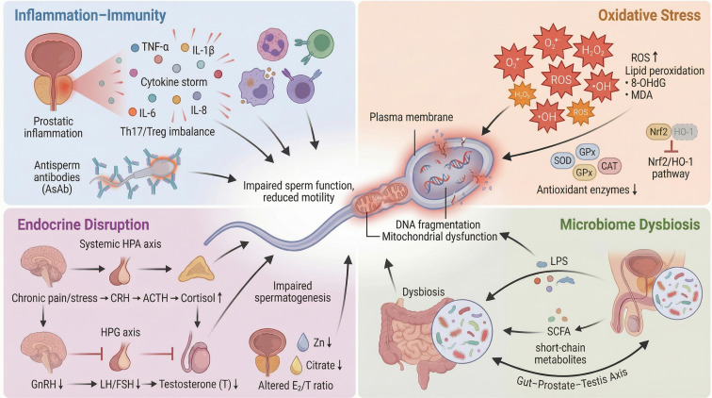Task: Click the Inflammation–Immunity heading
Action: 89,15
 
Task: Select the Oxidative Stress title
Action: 649,15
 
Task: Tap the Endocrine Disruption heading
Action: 83,224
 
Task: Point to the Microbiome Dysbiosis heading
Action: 630,224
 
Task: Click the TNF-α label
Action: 154,47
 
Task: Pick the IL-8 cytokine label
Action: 199,110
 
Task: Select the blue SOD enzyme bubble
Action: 562,160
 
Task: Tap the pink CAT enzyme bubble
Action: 609,166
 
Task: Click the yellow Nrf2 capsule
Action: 658,132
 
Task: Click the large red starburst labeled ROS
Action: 560,80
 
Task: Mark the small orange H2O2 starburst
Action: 522,95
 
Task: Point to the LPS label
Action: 558,261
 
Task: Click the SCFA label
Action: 558,331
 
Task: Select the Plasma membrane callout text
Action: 411,117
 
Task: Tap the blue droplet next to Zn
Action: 303,342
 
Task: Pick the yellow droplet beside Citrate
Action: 296,365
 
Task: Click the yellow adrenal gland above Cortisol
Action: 196,270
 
